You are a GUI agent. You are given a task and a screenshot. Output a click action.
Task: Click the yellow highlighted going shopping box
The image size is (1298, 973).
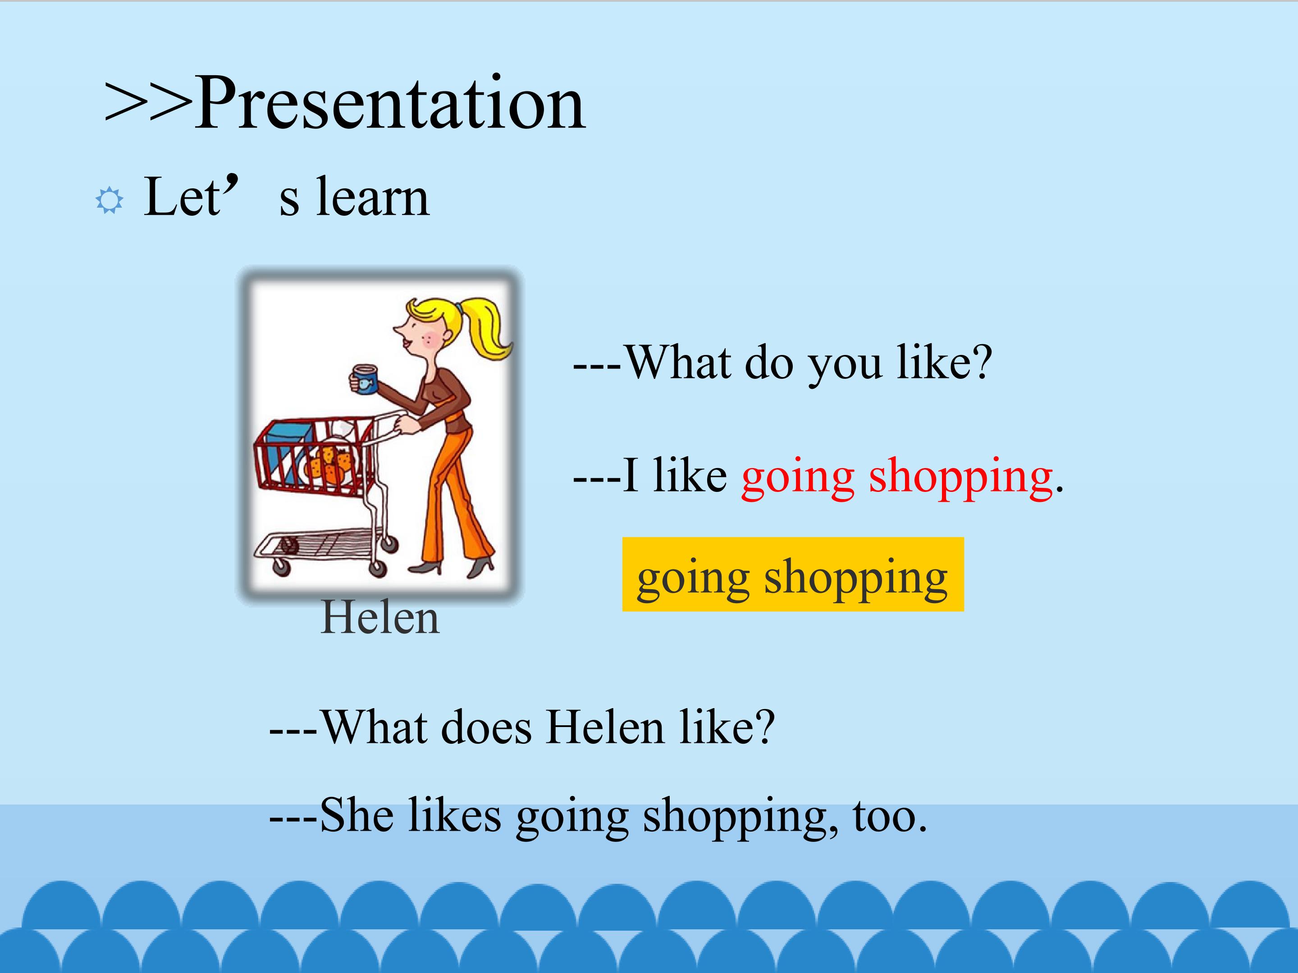click(793, 574)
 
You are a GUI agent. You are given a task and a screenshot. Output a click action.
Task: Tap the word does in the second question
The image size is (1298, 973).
click(486, 728)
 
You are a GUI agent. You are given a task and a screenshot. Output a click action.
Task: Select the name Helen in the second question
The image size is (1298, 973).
click(606, 728)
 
